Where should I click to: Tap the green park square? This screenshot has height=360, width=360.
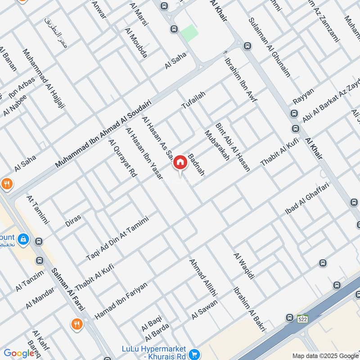click(x=189, y=32)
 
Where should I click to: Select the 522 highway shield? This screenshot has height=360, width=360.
click(x=302, y=319)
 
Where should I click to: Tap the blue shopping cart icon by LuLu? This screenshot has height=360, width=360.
click(x=194, y=354)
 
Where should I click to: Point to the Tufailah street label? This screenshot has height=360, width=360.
click(x=193, y=99)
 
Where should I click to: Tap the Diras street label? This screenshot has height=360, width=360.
click(x=73, y=220)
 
